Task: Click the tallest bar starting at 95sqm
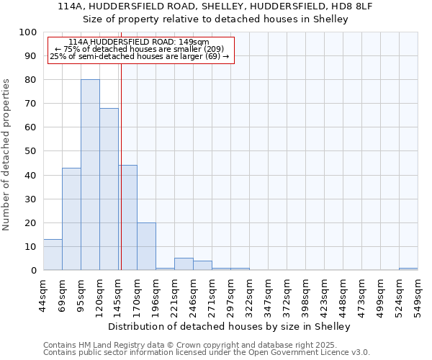tap(90, 175)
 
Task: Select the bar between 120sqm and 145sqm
tap(109, 189)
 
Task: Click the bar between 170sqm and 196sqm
tap(146, 246)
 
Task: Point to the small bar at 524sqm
tap(408, 269)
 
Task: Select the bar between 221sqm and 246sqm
tap(184, 264)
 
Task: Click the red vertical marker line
tap(121, 166)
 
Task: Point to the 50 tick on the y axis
tap(30, 151)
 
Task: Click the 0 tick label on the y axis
tap(33, 270)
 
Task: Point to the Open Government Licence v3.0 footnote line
tap(207, 352)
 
